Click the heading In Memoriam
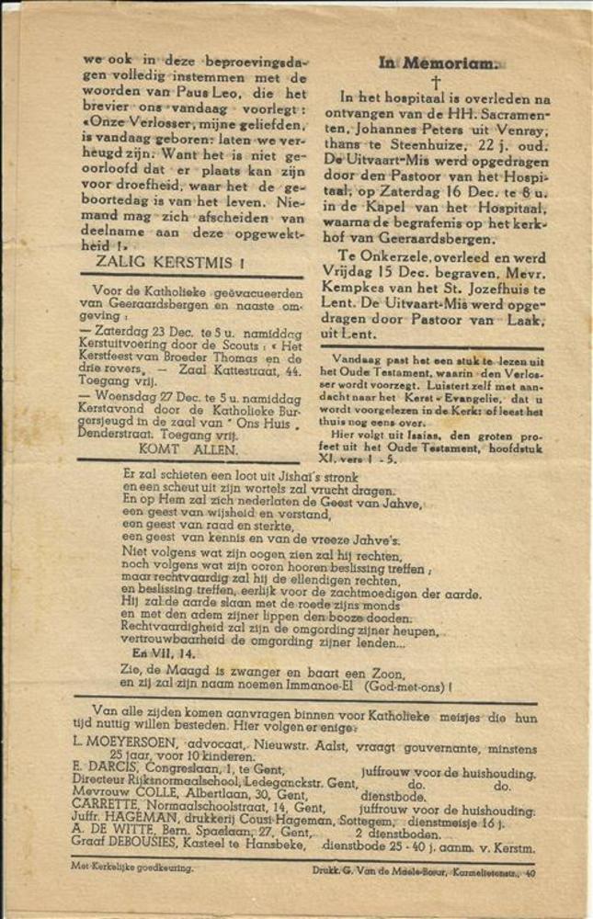(439, 63)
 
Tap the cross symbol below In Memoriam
(436, 83)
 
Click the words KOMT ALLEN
(188, 449)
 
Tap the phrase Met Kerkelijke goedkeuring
(132, 867)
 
